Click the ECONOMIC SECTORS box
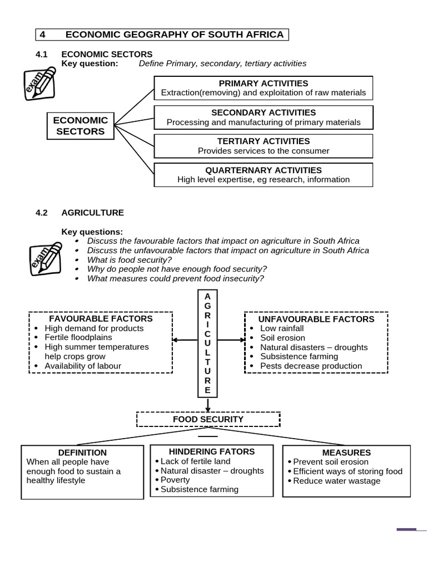tap(80, 126)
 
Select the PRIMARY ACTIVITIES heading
tap(264, 83)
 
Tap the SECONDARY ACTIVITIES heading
tap(264, 112)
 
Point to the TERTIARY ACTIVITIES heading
tap(264, 141)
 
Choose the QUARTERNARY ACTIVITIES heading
tap(264, 170)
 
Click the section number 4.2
tap(42, 213)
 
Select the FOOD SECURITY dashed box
tap(208, 419)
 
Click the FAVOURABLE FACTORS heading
tap(101, 318)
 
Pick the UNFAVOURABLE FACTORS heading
tap(316, 319)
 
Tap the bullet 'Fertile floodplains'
tap(78, 337)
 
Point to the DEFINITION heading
tap(82, 453)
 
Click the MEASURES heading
tap(346, 453)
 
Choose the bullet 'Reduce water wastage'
tap(336, 481)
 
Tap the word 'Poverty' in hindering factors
tap(175, 480)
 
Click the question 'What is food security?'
tap(130, 260)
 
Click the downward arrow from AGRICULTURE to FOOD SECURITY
tap(208, 405)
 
